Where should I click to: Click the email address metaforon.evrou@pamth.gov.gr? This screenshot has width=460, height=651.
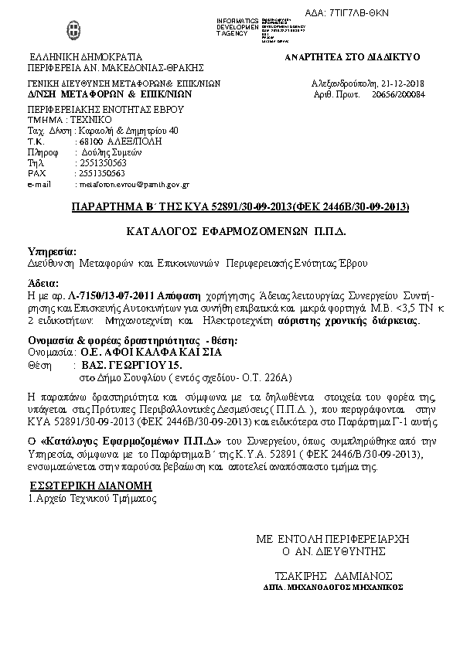pyautogui.click(x=132, y=185)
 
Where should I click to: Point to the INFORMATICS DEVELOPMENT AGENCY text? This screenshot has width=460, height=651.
pyautogui.click(x=237, y=26)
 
